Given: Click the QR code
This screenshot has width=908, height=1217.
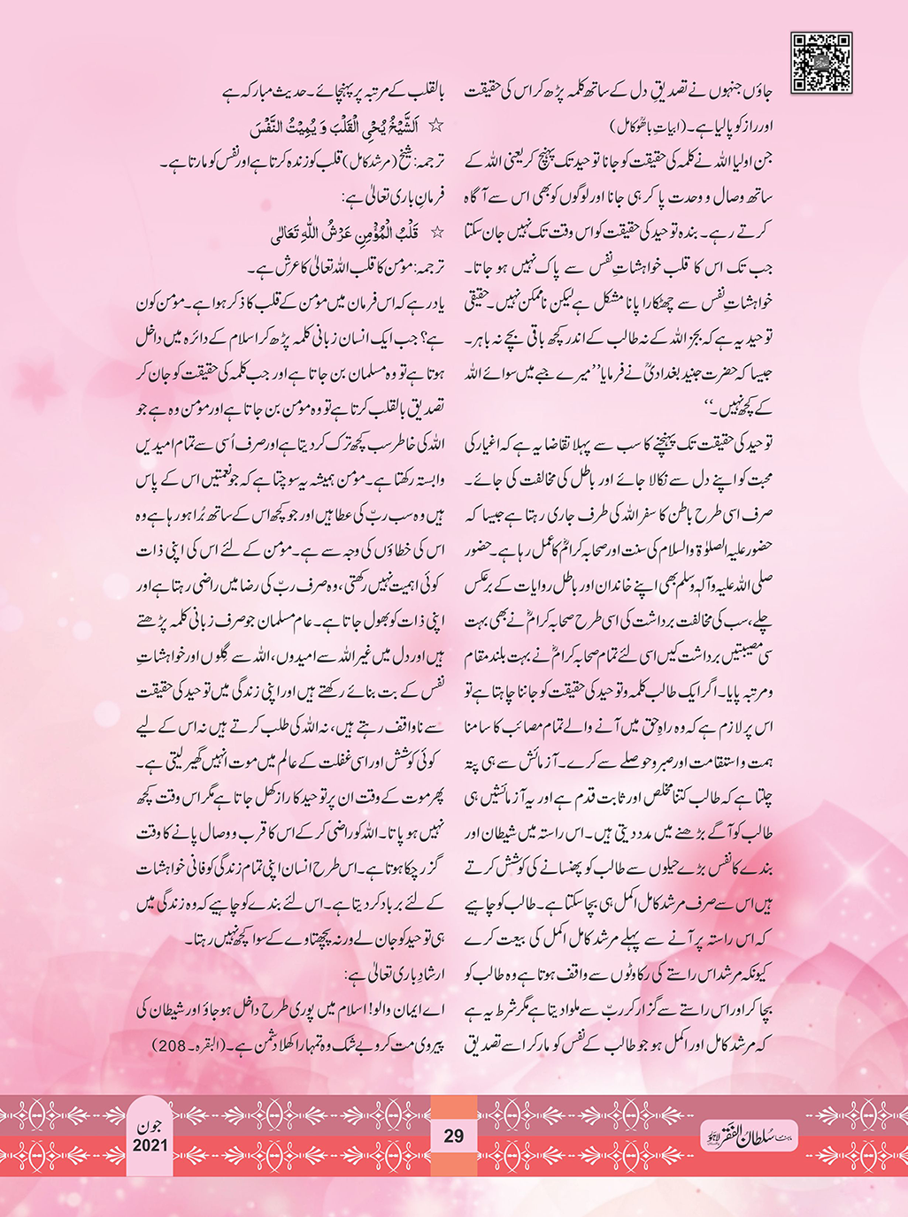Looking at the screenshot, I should (821, 62).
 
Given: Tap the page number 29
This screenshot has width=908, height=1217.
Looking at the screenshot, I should (453, 1136).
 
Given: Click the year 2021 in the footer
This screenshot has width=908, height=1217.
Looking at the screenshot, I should (150, 1146).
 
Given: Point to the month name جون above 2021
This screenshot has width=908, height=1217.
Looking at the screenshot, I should (150, 1126).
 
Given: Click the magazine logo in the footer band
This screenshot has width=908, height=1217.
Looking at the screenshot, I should (748, 1135).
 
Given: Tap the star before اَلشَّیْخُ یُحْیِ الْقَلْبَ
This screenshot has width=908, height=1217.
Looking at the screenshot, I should (435, 126).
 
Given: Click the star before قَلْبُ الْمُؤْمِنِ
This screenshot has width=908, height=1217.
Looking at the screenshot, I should (435, 234).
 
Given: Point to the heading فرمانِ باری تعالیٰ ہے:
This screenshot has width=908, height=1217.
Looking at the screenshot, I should (392, 197).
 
